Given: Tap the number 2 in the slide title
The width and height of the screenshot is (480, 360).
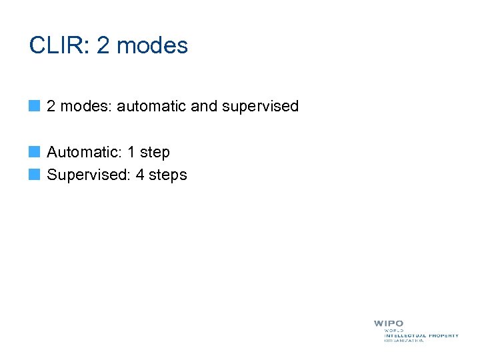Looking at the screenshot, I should tap(103, 45).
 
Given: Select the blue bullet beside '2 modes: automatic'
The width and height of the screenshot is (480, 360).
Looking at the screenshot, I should tap(35, 106).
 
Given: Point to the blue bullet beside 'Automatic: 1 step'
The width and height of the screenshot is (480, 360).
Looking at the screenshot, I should tap(35, 153).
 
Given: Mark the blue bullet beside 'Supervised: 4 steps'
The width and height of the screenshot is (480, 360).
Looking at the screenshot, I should tap(35, 175).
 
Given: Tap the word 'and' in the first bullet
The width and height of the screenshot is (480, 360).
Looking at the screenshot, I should tap(204, 106).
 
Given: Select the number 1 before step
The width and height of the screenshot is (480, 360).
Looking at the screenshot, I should tap(131, 152).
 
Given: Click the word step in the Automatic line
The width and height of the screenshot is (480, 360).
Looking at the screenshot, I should tap(155, 153).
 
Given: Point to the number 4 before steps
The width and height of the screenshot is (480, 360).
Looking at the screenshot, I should tap(140, 175).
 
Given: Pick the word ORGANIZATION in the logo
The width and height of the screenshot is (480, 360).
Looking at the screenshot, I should tap(404, 341).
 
